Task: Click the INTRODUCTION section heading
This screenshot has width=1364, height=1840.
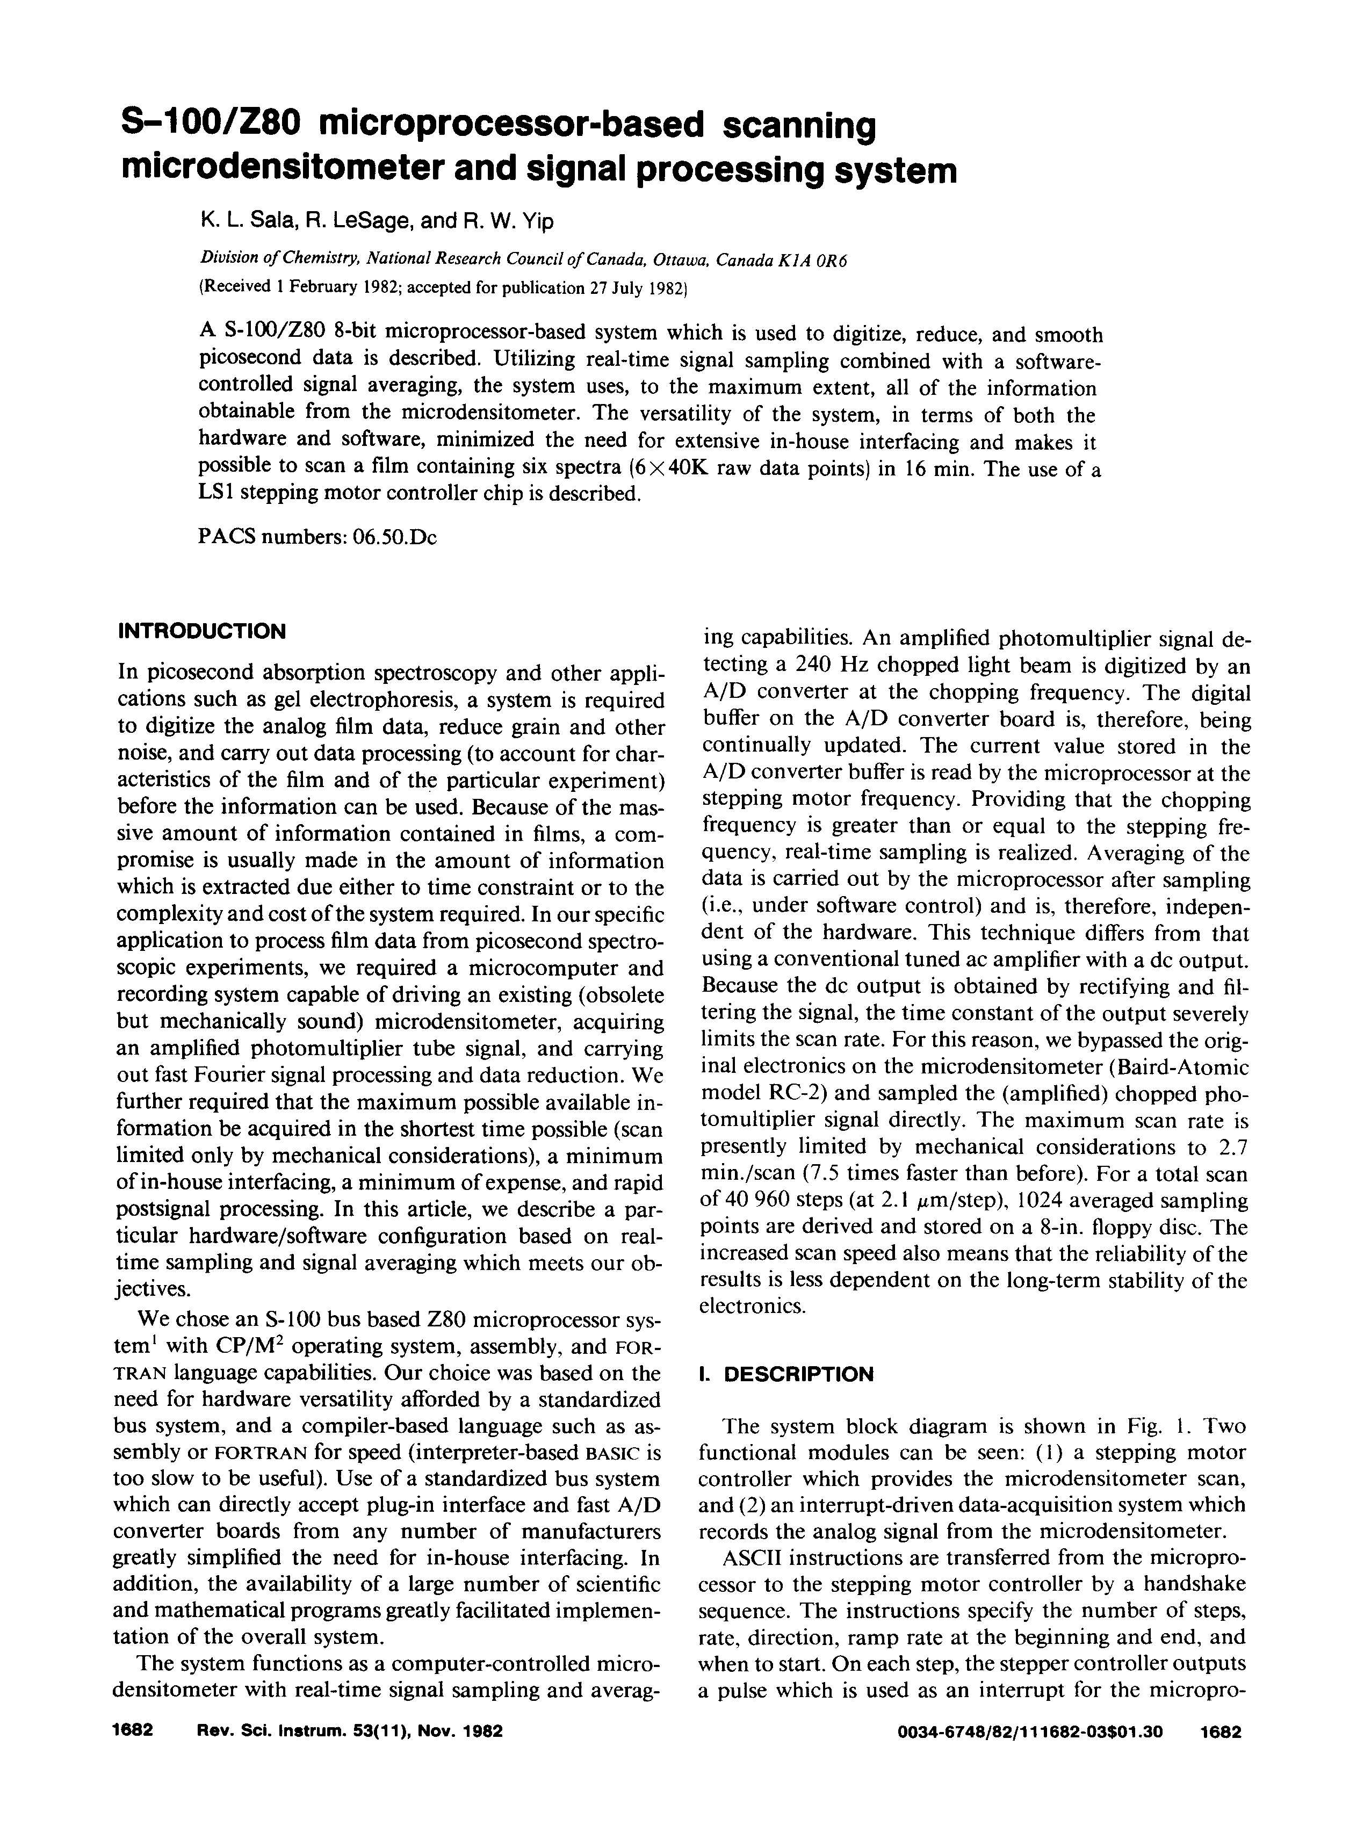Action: (203, 631)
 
